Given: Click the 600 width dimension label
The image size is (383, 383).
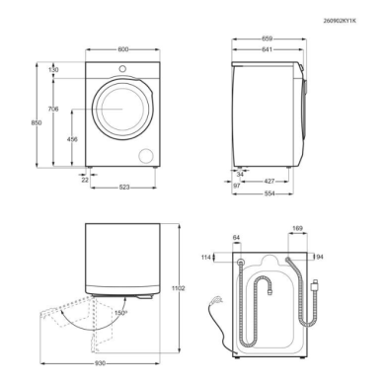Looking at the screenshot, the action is (122, 49).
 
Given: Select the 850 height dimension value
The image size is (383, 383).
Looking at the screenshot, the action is (37, 122).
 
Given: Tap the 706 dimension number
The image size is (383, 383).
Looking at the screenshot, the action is (53, 109).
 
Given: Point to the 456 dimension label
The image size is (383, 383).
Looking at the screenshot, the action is (72, 139).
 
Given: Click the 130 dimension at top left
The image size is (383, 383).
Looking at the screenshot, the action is (53, 70).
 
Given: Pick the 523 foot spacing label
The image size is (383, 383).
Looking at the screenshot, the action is (124, 188).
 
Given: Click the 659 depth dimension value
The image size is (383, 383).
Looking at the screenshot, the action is (267, 38).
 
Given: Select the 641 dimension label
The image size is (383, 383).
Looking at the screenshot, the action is (267, 49).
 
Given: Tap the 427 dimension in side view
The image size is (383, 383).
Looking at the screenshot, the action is (269, 181).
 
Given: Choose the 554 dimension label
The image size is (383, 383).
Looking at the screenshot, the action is (269, 193).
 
